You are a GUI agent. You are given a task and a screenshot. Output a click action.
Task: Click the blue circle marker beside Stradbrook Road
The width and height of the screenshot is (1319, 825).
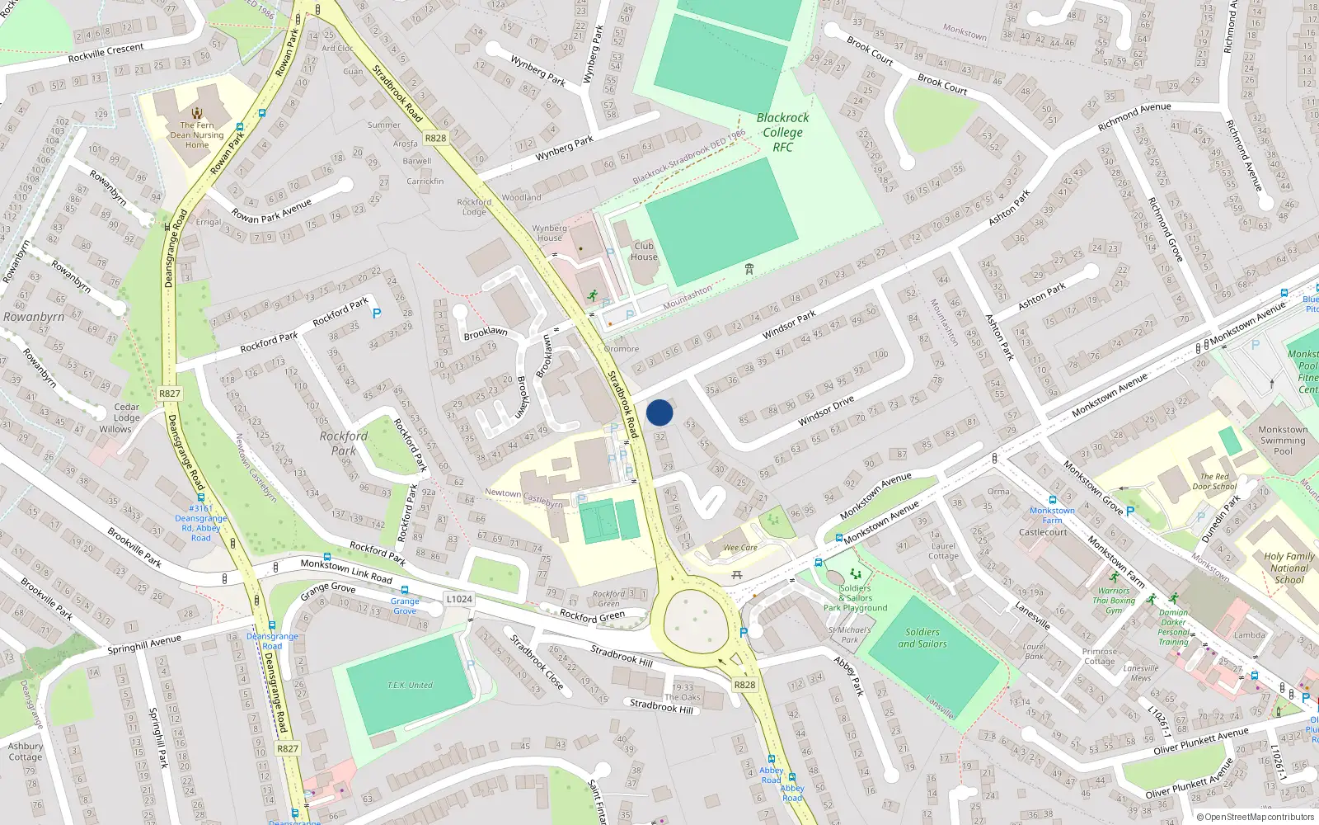[x=659, y=412]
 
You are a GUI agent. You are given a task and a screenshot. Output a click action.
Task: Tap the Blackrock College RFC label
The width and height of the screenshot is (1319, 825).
[x=782, y=132]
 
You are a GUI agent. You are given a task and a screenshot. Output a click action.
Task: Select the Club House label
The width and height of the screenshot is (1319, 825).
[x=644, y=252]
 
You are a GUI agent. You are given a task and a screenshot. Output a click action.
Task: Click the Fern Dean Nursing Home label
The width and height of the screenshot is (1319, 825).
[x=197, y=135]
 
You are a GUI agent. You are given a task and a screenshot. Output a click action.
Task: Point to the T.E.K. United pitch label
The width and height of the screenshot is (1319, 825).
[x=410, y=686]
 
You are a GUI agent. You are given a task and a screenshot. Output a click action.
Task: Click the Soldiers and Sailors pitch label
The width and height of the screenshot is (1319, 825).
[x=922, y=638]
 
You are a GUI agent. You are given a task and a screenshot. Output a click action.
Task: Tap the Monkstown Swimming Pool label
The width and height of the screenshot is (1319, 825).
[x=1282, y=440]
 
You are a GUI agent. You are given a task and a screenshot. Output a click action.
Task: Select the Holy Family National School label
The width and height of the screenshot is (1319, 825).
[x=1288, y=568]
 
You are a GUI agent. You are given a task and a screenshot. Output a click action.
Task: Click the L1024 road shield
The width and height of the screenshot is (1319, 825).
[x=458, y=599]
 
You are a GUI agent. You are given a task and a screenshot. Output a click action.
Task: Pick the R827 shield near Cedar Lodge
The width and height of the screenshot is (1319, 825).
[x=170, y=394]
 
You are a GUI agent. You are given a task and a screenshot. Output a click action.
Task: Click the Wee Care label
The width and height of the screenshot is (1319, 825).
[x=739, y=548]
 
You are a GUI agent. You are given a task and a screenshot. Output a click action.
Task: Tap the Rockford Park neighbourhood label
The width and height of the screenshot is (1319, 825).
[x=344, y=443]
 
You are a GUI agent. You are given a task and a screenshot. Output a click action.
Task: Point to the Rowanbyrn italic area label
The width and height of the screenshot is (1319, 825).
[x=34, y=317]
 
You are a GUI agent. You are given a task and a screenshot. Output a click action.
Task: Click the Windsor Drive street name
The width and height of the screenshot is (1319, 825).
[x=825, y=410]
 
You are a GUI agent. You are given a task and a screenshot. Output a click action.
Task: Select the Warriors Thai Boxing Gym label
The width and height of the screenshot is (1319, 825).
[x=1114, y=601]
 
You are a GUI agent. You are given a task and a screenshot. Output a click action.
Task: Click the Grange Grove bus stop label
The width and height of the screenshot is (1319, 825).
[x=405, y=606]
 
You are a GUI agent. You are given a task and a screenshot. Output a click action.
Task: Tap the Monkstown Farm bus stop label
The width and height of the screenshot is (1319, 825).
[x=1052, y=515]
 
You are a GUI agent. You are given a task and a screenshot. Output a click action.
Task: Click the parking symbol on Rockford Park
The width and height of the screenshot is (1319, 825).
[x=377, y=313]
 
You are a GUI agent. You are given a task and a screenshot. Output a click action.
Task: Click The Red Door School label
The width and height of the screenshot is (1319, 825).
[x=1213, y=481]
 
